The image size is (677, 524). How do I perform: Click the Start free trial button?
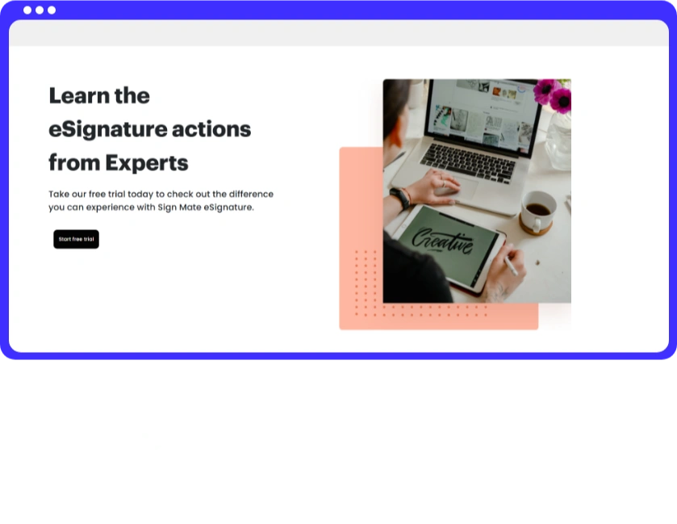point(76,239)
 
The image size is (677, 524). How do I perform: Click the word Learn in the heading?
point(78,95)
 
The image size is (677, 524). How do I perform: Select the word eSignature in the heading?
point(108,130)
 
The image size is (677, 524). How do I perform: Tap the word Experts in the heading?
point(147,163)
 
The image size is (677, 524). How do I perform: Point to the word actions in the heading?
point(211,129)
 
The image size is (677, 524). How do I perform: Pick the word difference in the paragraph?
point(251,194)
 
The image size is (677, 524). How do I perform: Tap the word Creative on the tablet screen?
point(442,242)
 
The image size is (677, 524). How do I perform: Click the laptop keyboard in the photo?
point(468,162)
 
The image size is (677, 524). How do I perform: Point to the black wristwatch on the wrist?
point(400,199)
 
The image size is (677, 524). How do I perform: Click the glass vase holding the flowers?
point(558,140)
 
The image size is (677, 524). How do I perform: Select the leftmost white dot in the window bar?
point(27,10)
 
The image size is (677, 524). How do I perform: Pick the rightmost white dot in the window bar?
point(52,10)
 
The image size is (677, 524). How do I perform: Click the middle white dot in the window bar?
point(40,10)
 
